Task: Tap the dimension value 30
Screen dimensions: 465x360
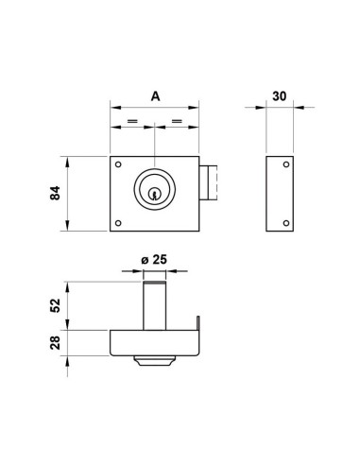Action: tap(281, 95)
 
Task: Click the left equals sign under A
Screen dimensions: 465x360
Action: tap(131, 124)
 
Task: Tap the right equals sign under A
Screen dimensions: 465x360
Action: tap(177, 124)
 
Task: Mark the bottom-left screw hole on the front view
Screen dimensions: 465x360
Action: tap(117, 223)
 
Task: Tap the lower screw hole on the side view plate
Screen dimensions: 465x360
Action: tap(285, 222)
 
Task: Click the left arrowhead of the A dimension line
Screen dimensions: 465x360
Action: tap(113, 107)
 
